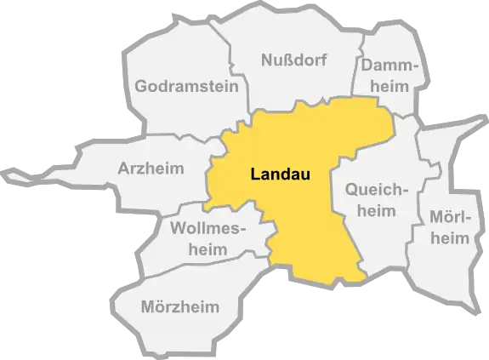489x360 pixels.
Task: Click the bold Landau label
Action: (x=280, y=175)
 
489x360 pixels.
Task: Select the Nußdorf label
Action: (x=293, y=61)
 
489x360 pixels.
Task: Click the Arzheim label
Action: (x=151, y=169)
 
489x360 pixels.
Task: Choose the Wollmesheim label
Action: (x=208, y=238)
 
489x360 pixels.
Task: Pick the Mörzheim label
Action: (x=179, y=306)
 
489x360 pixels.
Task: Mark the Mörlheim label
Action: (x=450, y=228)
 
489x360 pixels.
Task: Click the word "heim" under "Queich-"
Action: (x=377, y=211)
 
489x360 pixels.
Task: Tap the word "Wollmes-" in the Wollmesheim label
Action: (x=208, y=228)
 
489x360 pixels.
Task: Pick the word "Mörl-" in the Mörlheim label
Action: (x=450, y=218)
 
